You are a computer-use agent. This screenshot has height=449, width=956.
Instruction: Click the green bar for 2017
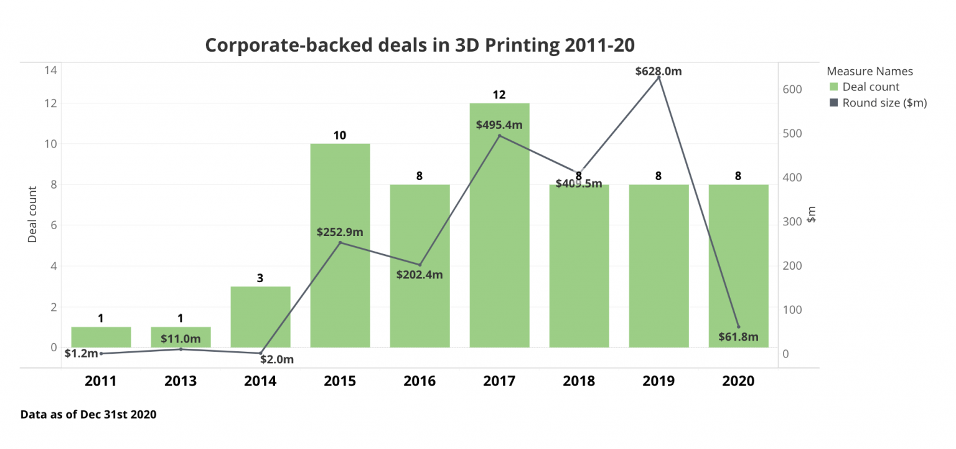point(499,249)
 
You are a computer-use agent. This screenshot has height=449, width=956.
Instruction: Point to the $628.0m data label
point(658,71)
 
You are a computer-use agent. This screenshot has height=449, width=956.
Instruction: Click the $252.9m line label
point(340,232)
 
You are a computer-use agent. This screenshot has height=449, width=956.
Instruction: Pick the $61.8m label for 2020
point(738,338)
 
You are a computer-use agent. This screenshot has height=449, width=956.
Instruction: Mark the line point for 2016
point(420,265)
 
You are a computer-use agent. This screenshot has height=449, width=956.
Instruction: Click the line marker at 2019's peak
point(658,77)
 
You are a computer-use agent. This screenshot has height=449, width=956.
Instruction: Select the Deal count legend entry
point(871,87)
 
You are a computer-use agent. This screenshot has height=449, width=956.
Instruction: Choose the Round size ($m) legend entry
point(884,103)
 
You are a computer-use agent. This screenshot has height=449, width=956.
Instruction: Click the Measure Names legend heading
point(869,71)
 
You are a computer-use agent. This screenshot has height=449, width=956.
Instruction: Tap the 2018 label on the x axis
point(579,381)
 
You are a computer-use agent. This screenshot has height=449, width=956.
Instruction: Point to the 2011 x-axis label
point(101,381)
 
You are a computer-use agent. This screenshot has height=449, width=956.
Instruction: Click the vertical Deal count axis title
point(32,214)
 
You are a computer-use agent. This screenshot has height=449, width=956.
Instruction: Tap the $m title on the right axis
point(811,217)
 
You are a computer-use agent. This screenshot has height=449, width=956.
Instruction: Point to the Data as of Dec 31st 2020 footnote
point(88,414)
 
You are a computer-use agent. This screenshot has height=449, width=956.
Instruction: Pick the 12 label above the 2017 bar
point(499,95)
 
